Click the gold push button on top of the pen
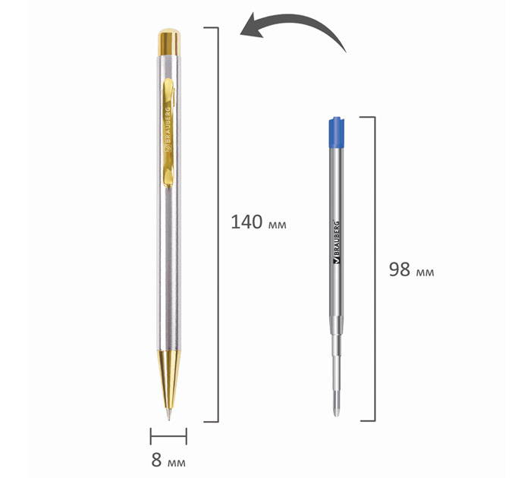coord(169,42)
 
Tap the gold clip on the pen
coord(168,133)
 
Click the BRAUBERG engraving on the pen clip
coord(168,129)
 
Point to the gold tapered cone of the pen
coord(168,379)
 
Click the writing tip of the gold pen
coord(168,416)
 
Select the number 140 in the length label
coord(247,222)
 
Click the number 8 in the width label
coord(156,460)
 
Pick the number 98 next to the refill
coord(400,269)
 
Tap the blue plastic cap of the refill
coord(337,133)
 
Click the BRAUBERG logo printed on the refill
coord(337,242)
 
